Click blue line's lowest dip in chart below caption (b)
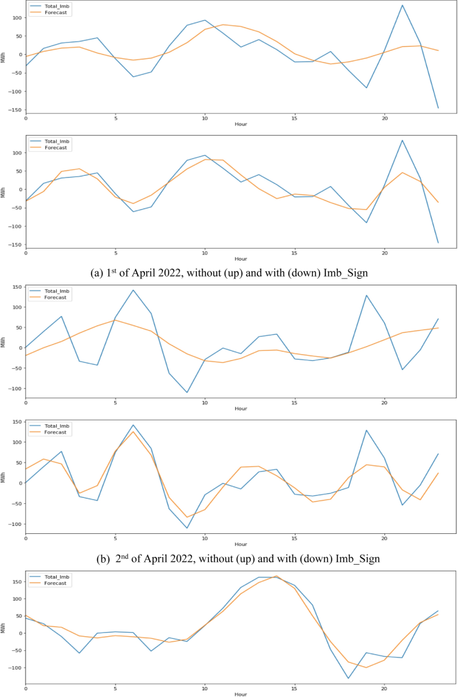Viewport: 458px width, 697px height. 348,678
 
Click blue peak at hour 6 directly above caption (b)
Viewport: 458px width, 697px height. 133,425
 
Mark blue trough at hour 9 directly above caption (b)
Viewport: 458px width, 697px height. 187,528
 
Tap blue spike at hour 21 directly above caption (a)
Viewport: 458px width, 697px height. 403,140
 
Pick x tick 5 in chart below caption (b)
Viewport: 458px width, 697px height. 115,688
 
